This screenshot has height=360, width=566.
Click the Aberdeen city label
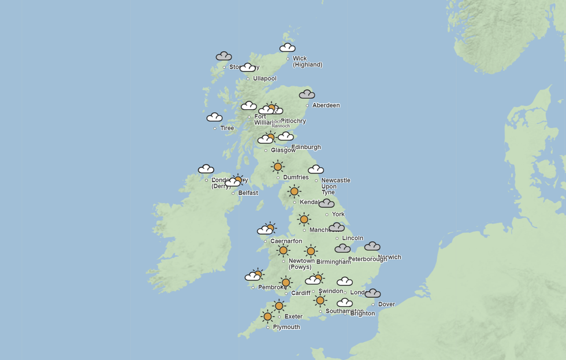point(326,105)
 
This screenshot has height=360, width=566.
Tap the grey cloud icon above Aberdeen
point(307,94)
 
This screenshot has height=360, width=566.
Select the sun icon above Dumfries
point(278,166)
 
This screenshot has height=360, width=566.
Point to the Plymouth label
point(286,327)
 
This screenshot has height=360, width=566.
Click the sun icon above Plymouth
point(267,316)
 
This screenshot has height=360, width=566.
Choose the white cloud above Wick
point(288,47)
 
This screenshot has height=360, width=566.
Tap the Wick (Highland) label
point(307,61)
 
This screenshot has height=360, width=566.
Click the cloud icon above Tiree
point(214,117)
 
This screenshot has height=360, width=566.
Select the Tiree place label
point(227,128)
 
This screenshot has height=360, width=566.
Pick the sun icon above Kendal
point(294,191)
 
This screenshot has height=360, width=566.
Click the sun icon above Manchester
point(304,219)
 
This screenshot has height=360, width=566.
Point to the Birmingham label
point(333,262)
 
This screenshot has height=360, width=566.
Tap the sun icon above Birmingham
point(311,251)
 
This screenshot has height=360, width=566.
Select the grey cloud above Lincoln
point(337,227)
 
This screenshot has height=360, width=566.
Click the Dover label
point(386,305)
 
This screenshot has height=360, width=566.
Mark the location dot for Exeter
point(279,317)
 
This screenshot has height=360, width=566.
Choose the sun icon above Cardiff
point(285,283)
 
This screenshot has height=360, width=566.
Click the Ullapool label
point(265,79)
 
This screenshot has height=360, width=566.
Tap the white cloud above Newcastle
point(316,169)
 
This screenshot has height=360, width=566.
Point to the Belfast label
point(248,193)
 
